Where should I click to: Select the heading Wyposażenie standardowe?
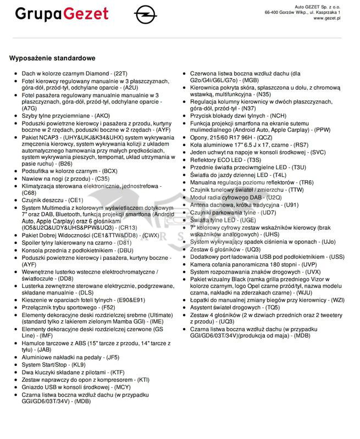click(52, 58)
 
